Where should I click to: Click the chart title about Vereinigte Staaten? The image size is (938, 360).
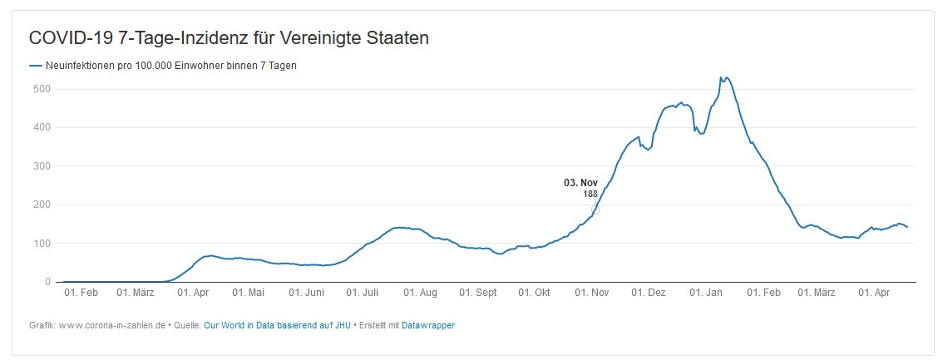tap(229, 39)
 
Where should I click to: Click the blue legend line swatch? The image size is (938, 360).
tap(35, 66)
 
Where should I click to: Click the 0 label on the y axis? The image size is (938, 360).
tap(47, 282)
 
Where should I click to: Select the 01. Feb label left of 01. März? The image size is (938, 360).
tap(81, 293)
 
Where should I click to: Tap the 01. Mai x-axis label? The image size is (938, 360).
tap(249, 293)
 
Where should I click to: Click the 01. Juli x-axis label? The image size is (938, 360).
tap(363, 293)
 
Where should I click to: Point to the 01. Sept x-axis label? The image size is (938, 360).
tap(479, 293)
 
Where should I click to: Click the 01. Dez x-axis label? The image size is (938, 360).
tap(649, 293)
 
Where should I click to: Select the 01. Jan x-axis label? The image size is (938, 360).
tap(707, 293)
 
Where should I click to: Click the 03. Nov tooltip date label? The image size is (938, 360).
tap(580, 183)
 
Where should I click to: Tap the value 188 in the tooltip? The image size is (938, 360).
tap(590, 194)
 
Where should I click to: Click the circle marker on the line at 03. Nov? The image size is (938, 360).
tap(595, 210)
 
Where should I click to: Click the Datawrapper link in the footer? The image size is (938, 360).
tap(428, 325)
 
